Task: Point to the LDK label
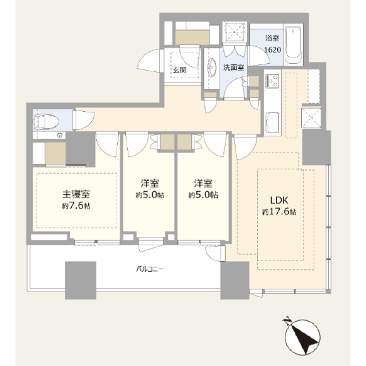[279, 200]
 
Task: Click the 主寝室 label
[76, 194]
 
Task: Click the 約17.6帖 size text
[279, 212]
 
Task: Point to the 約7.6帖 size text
[76, 205]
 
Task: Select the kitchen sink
[274, 121]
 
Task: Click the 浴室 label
[272, 38]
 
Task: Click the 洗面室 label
[233, 67]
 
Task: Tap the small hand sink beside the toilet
[60, 135]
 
